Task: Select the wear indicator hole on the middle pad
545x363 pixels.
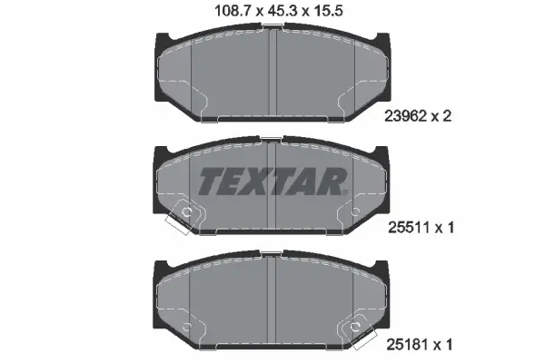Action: tap(187, 213)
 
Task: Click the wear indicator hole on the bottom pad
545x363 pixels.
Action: tap(357, 329)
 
